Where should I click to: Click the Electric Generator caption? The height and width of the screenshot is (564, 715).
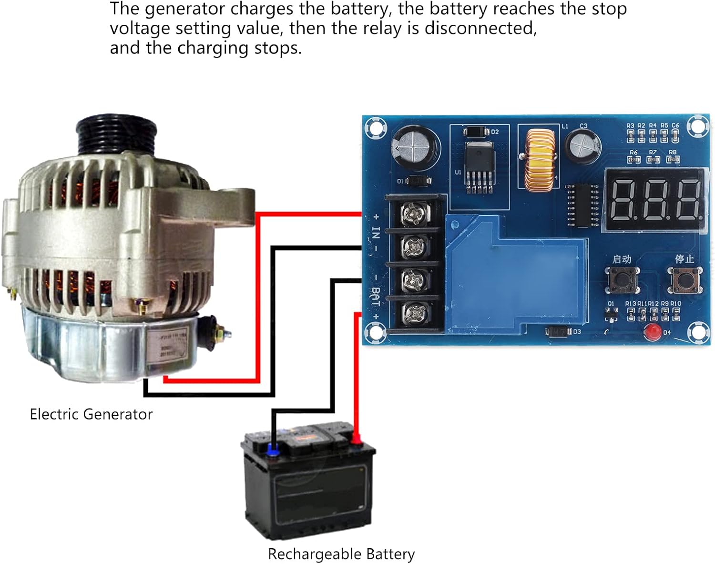91,414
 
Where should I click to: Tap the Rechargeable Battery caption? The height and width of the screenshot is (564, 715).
341,554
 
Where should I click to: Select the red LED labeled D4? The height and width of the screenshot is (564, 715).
652,332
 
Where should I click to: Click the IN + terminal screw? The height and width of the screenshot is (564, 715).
413,213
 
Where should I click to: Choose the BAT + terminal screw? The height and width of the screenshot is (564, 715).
413,313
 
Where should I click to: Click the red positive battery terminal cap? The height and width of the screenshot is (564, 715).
356,439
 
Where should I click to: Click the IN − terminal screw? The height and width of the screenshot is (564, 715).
413,246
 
